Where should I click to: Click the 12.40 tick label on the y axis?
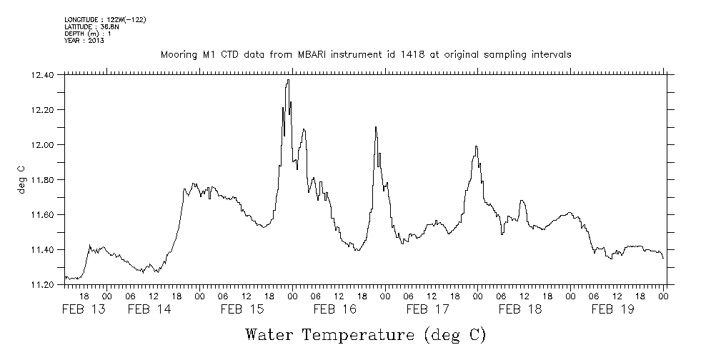tap(43, 75)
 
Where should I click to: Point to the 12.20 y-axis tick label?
tap(43, 110)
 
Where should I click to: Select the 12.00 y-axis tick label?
tap(43, 145)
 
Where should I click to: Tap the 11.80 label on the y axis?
tap(43, 180)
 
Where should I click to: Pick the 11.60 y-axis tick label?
tap(43, 215)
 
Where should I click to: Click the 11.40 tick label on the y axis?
tap(43, 250)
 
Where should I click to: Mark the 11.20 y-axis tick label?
tap(43, 285)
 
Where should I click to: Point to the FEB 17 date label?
tap(427, 309)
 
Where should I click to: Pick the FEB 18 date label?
tap(520, 309)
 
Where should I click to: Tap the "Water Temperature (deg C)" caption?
tap(365, 334)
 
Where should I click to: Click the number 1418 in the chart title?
tap(413, 54)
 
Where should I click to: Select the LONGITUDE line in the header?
tap(105, 19)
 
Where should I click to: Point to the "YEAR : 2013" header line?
tap(84, 41)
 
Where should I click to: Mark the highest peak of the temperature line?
tap(287, 80)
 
